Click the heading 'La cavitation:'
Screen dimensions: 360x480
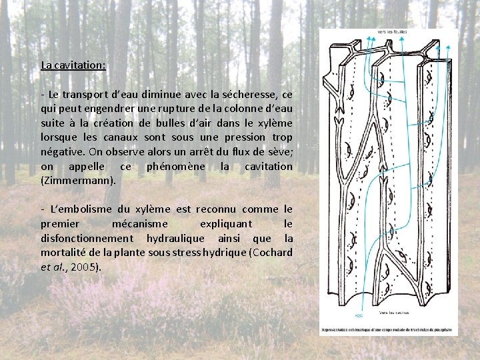(73, 65)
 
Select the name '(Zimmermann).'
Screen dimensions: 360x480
(79, 180)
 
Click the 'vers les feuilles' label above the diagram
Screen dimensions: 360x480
(392, 31)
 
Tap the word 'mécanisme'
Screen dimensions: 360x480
(141, 224)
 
